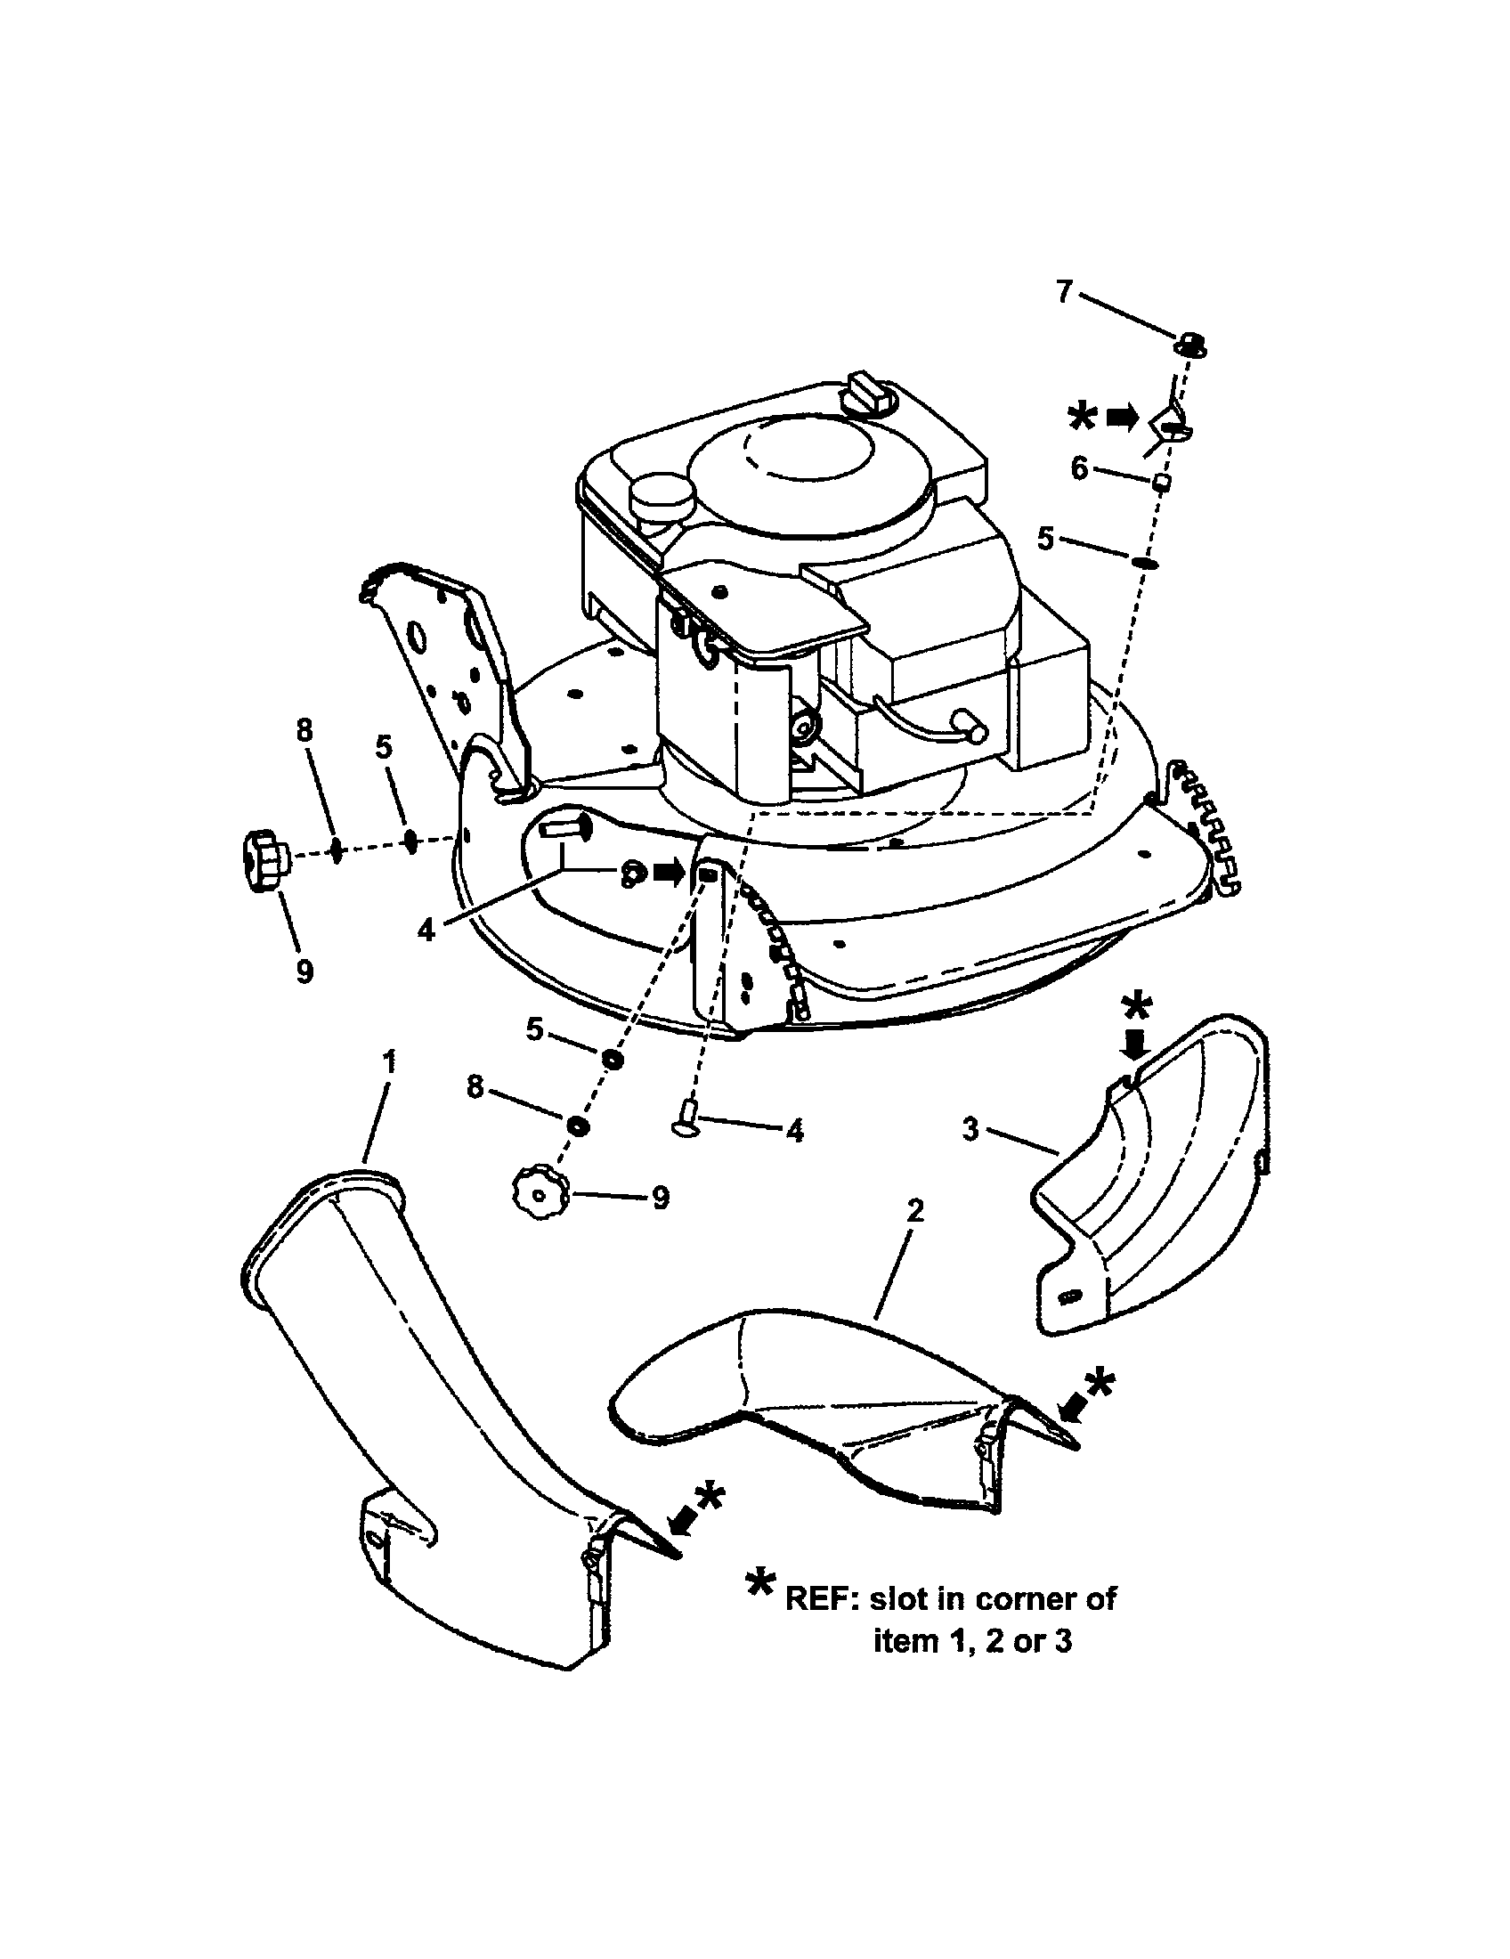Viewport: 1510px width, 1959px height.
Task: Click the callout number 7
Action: click(x=1063, y=291)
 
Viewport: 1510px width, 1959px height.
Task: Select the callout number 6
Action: click(x=1079, y=467)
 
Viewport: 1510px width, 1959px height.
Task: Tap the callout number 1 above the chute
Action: click(x=388, y=1061)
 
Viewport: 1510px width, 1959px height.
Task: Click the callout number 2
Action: click(x=913, y=1212)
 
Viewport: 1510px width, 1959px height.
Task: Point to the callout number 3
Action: click(x=971, y=1128)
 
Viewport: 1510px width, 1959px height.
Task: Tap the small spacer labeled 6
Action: click(x=1161, y=483)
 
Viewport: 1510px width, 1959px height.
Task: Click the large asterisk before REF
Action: click(x=761, y=1587)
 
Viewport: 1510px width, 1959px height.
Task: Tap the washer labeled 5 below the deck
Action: click(x=613, y=1060)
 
